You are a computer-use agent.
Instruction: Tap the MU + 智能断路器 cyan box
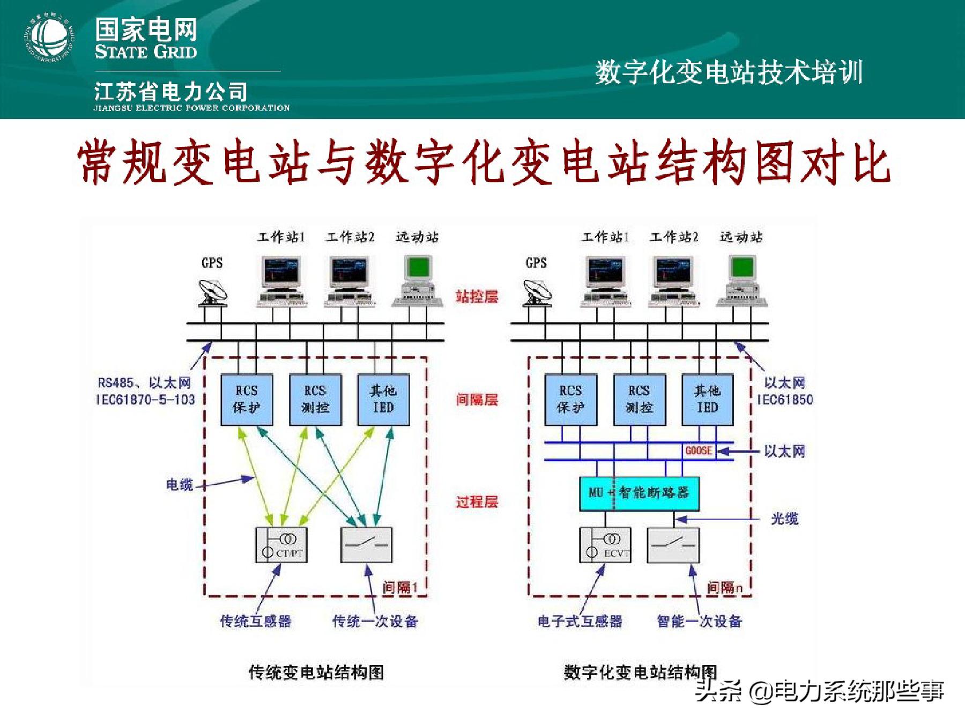tap(639, 493)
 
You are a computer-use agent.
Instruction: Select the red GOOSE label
tap(699, 450)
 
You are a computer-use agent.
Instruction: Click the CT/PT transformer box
tap(281, 545)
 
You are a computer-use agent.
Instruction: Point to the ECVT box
tap(605, 545)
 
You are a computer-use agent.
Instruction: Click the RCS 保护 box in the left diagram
tap(247, 400)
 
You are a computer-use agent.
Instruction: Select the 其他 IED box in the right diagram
tap(707, 400)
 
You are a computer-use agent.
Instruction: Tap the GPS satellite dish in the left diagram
tap(213, 293)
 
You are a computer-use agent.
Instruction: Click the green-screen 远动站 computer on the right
tap(743, 281)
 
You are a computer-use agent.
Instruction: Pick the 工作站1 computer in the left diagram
tap(281, 281)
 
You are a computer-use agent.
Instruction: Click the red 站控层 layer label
tap(477, 297)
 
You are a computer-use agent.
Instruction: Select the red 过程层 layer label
tap(477, 502)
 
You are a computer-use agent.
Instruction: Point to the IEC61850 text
tap(785, 400)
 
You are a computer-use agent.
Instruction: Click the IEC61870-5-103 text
tap(145, 400)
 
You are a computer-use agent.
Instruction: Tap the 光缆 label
tap(784, 519)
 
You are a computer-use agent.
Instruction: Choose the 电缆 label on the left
tap(179, 485)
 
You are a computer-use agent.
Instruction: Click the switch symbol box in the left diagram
tap(367, 545)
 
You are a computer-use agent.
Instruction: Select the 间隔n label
tap(724, 588)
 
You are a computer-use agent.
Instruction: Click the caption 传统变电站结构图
tap(316, 672)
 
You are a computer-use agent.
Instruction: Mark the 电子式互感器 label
tap(580, 622)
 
